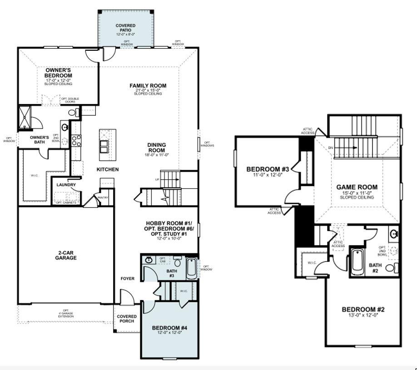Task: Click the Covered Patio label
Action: click(x=125, y=28)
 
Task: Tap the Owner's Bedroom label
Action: click(x=59, y=73)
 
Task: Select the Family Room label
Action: click(x=148, y=86)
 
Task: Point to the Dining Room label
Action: click(x=156, y=148)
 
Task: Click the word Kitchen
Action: click(x=108, y=169)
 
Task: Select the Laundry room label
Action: click(x=66, y=185)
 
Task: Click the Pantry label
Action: click(x=103, y=197)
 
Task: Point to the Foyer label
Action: click(x=127, y=278)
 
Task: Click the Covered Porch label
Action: click(x=127, y=319)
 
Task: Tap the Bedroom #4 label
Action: click(x=169, y=328)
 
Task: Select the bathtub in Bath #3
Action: click(x=192, y=268)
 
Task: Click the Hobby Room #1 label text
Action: click(x=169, y=223)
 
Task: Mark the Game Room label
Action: click(x=357, y=187)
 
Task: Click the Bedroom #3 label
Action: click(x=268, y=169)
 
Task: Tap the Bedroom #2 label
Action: click(x=363, y=310)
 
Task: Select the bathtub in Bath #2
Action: click(x=357, y=262)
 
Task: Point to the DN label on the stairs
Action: click(x=330, y=148)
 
